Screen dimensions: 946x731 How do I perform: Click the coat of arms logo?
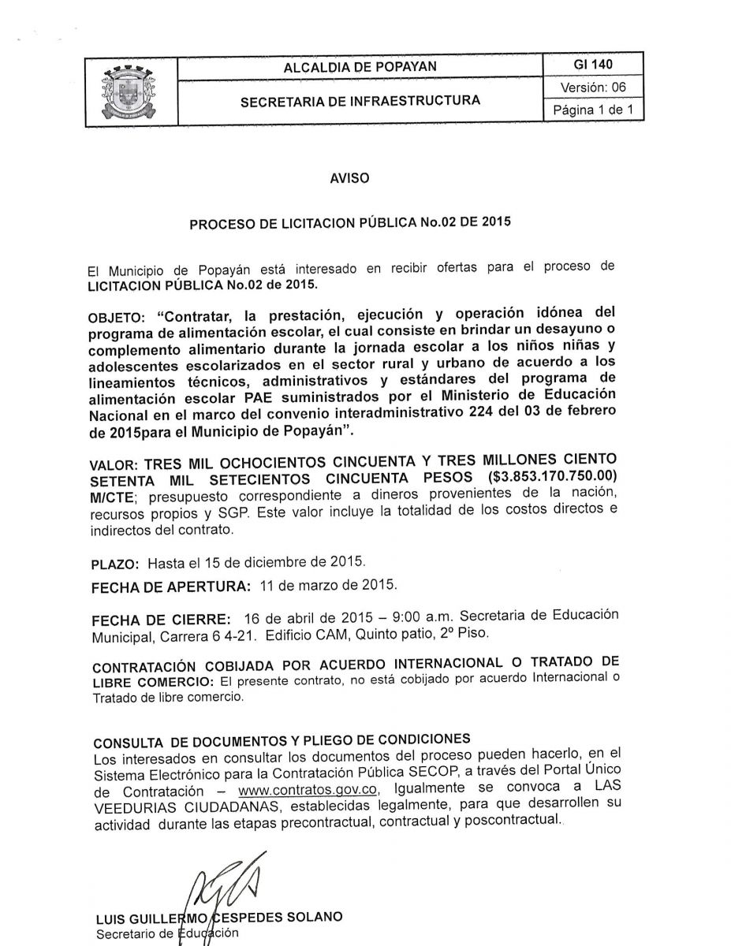[131, 93]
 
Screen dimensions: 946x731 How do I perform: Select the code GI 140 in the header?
[594, 65]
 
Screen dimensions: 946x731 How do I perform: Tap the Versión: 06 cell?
[594, 87]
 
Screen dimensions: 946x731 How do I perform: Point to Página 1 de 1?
[594, 110]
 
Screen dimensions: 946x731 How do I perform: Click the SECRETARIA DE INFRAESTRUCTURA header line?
[360, 100]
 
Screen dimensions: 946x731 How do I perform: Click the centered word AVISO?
[349, 178]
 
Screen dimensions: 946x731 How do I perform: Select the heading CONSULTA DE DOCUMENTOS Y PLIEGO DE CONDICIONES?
[282, 743]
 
